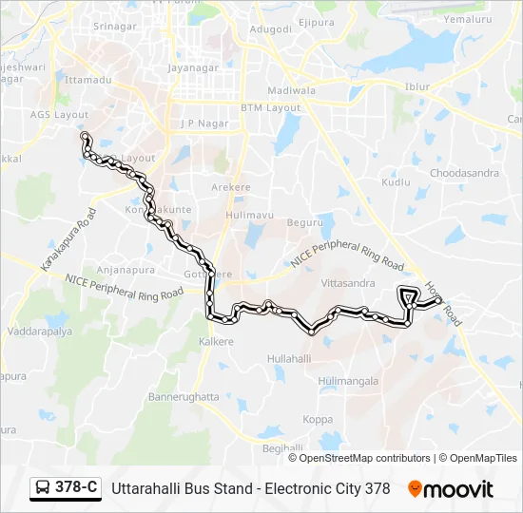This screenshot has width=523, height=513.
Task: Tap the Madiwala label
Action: pyautogui.click(x=291, y=90)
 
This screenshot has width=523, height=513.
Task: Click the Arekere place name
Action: pyautogui.click(x=231, y=187)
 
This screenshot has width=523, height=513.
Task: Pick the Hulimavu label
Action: pyautogui.click(x=249, y=216)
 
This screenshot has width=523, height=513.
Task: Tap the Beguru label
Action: pyautogui.click(x=305, y=222)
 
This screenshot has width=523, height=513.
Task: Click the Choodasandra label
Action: pyautogui.click(x=464, y=173)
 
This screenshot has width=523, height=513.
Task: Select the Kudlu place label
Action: pyautogui.click(x=396, y=181)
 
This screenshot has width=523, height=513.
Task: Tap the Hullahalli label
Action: pyautogui.click(x=289, y=358)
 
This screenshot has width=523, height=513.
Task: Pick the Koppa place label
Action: pyautogui.click(x=318, y=419)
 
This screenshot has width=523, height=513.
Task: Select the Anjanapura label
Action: pyautogui.click(x=126, y=269)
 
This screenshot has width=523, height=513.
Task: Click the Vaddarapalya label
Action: pyautogui.click(x=39, y=332)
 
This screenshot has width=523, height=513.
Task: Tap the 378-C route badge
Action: pyautogui.click(x=66, y=488)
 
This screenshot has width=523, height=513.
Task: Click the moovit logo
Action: pyautogui.click(x=451, y=489)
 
